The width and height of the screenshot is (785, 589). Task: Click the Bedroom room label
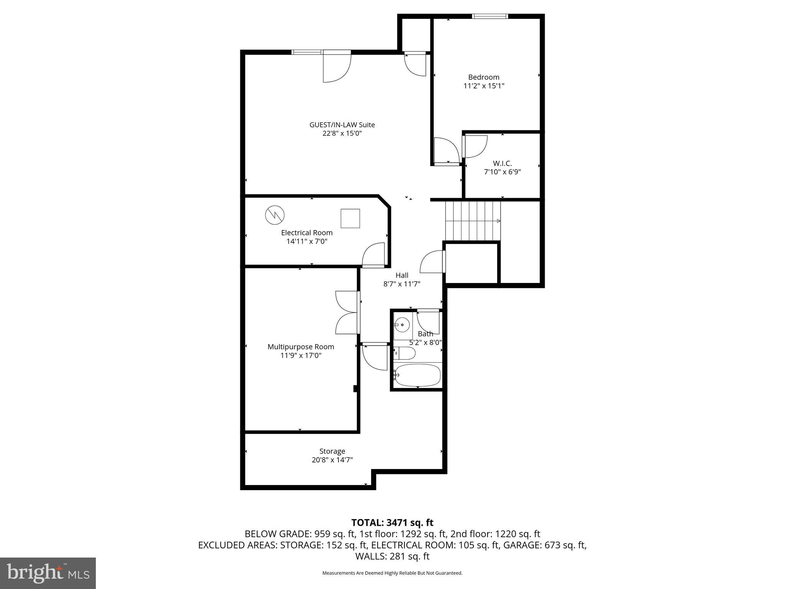tap(484, 77)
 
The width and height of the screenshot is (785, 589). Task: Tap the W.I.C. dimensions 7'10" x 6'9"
tap(502, 172)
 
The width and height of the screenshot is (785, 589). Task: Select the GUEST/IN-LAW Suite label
tap(342, 125)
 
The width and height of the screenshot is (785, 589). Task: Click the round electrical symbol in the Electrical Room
tap(275, 215)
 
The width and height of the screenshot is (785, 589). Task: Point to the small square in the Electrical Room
tap(350, 219)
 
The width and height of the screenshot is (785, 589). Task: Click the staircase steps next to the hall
tap(472, 221)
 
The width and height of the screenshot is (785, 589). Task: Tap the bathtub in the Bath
tap(418, 375)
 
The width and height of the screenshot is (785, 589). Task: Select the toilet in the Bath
tap(405, 353)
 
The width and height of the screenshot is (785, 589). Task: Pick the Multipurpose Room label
tap(301, 347)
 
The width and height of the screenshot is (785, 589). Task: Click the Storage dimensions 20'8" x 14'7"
tap(332, 460)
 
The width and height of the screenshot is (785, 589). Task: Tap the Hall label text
tap(402, 275)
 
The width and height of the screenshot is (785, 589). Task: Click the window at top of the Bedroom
tap(489, 16)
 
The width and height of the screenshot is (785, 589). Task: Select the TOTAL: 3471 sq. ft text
tap(392, 522)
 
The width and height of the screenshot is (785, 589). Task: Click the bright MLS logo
tap(48, 573)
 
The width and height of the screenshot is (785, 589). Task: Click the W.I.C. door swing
tap(476, 146)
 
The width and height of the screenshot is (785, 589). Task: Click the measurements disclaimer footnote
tap(392, 573)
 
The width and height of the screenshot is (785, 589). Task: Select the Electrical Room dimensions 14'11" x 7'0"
tap(307, 241)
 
